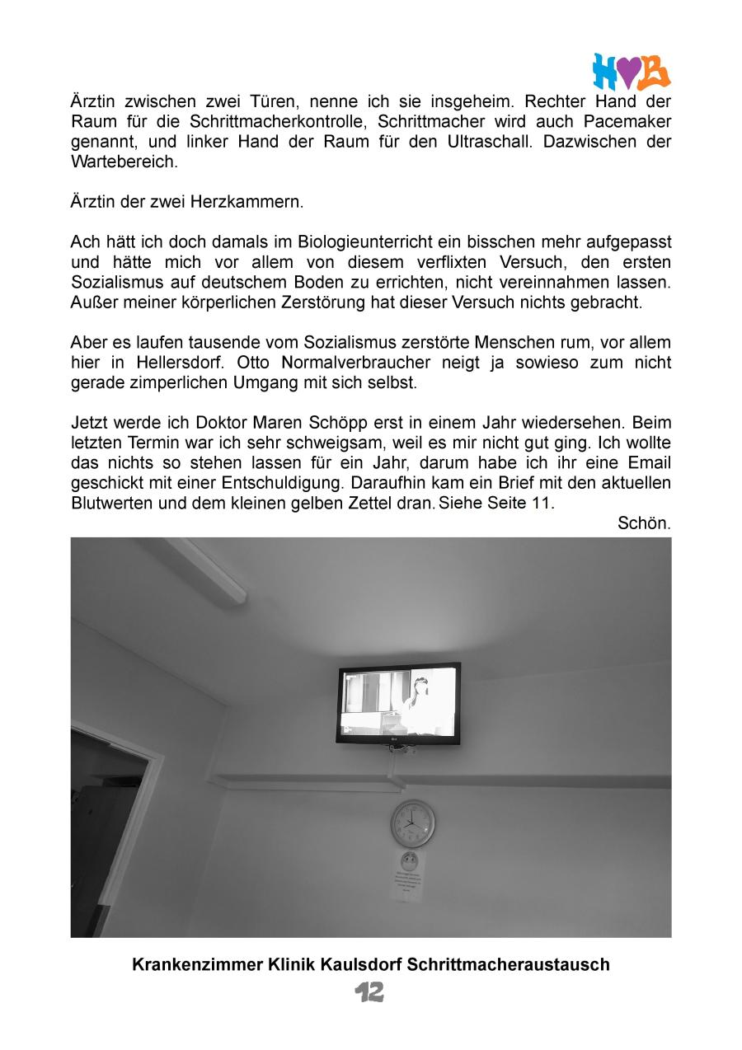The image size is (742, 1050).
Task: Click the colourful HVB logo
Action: (631, 72)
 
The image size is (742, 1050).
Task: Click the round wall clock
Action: (412, 822)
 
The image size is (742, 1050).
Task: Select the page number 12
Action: (370, 992)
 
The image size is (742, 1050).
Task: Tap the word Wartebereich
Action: (124, 162)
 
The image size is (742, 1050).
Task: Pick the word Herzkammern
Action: (256, 202)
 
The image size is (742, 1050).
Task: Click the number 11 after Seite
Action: (545, 503)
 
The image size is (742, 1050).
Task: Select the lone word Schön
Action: (644, 523)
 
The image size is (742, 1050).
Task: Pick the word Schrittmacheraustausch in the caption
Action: (508, 964)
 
